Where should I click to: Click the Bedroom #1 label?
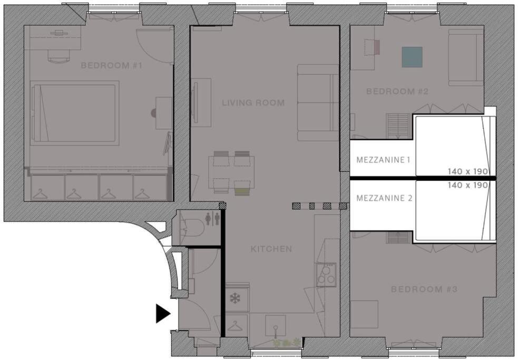coord(111,65)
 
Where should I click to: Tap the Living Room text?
coord(253,103)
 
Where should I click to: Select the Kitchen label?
coord(271,249)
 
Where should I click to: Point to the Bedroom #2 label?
coord(397,91)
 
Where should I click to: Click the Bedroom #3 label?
coord(424,289)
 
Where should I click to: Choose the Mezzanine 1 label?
coord(383,160)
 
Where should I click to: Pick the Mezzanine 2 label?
coord(384,198)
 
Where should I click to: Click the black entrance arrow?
coord(163,314)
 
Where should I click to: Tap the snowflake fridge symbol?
coord(235,298)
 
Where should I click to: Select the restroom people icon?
coord(212,219)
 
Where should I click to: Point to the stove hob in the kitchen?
coord(326,275)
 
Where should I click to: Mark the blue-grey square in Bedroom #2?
coord(412,57)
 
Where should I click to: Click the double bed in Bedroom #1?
coord(74,113)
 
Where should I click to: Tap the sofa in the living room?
coord(318,102)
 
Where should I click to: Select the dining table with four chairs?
coord(231,172)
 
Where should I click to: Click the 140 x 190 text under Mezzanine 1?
coord(468,172)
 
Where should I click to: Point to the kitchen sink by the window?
coord(275,326)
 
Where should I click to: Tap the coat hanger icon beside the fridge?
coord(235,326)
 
